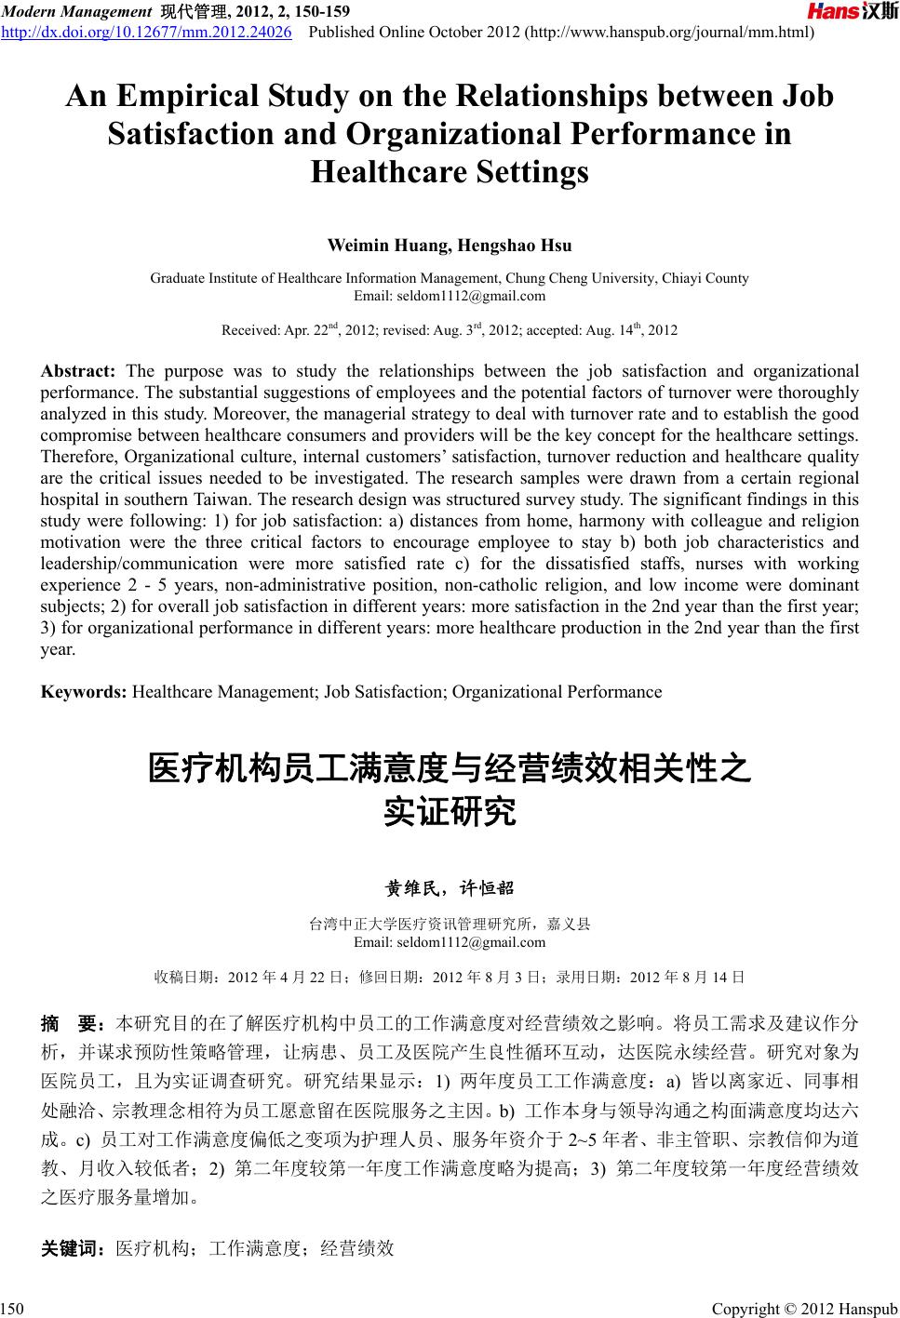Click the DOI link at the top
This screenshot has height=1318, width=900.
(x=147, y=34)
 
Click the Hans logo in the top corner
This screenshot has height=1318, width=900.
(x=851, y=12)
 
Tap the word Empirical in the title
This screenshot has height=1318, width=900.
(x=201, y=97)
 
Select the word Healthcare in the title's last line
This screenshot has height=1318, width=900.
(x=449, y=172)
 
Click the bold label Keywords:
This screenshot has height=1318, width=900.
(x=85, y=692)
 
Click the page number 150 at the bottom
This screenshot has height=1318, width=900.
(x=12, y=1310)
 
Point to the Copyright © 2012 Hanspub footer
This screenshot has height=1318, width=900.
(x=804, y=1310)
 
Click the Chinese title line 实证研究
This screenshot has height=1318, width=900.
(x=450, y=813)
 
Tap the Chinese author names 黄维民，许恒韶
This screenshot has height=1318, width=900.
(x=450, y=888)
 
